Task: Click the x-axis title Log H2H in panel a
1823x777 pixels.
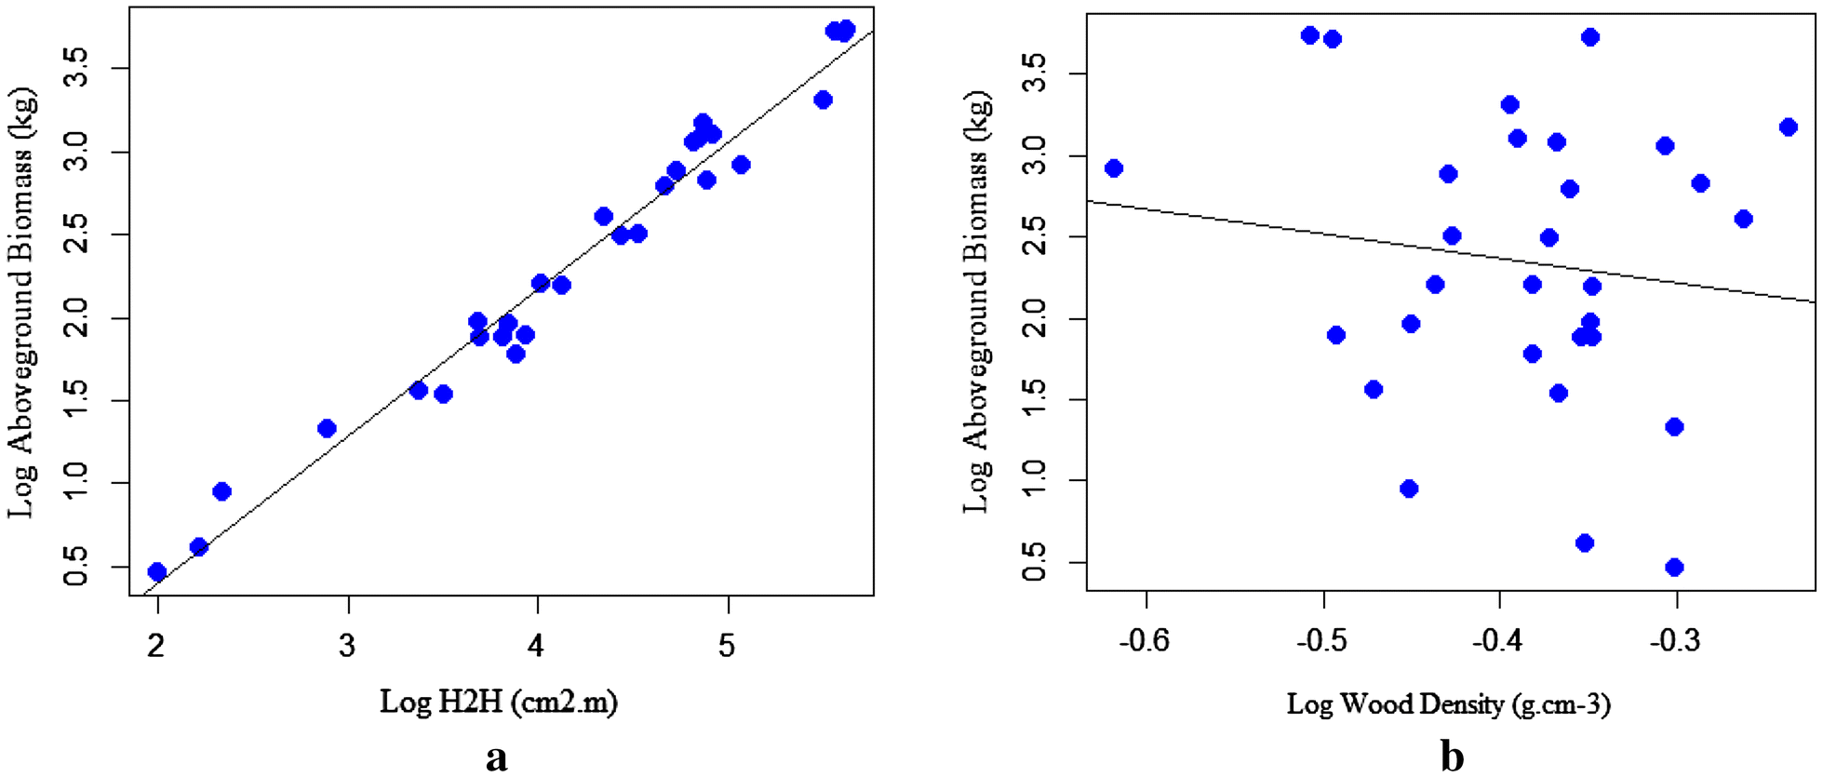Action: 498,701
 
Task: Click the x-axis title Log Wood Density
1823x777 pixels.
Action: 1448,703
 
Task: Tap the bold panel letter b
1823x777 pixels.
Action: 1452,757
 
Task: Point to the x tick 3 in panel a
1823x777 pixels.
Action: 347,645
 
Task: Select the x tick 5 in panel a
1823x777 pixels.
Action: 727,645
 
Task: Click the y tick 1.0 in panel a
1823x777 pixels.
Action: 77,484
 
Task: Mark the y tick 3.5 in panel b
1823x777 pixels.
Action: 1034,73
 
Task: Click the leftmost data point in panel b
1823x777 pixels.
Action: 1114,168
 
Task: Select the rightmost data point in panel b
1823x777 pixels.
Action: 1789,127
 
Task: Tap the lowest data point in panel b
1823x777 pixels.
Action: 1675,567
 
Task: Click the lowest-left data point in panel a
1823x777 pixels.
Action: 157,571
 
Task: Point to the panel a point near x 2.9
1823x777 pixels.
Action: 327,428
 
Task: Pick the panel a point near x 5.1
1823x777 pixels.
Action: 741,165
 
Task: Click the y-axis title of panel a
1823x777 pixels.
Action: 21,302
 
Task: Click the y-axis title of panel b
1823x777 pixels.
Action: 976,302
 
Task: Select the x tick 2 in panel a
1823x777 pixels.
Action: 156,645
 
